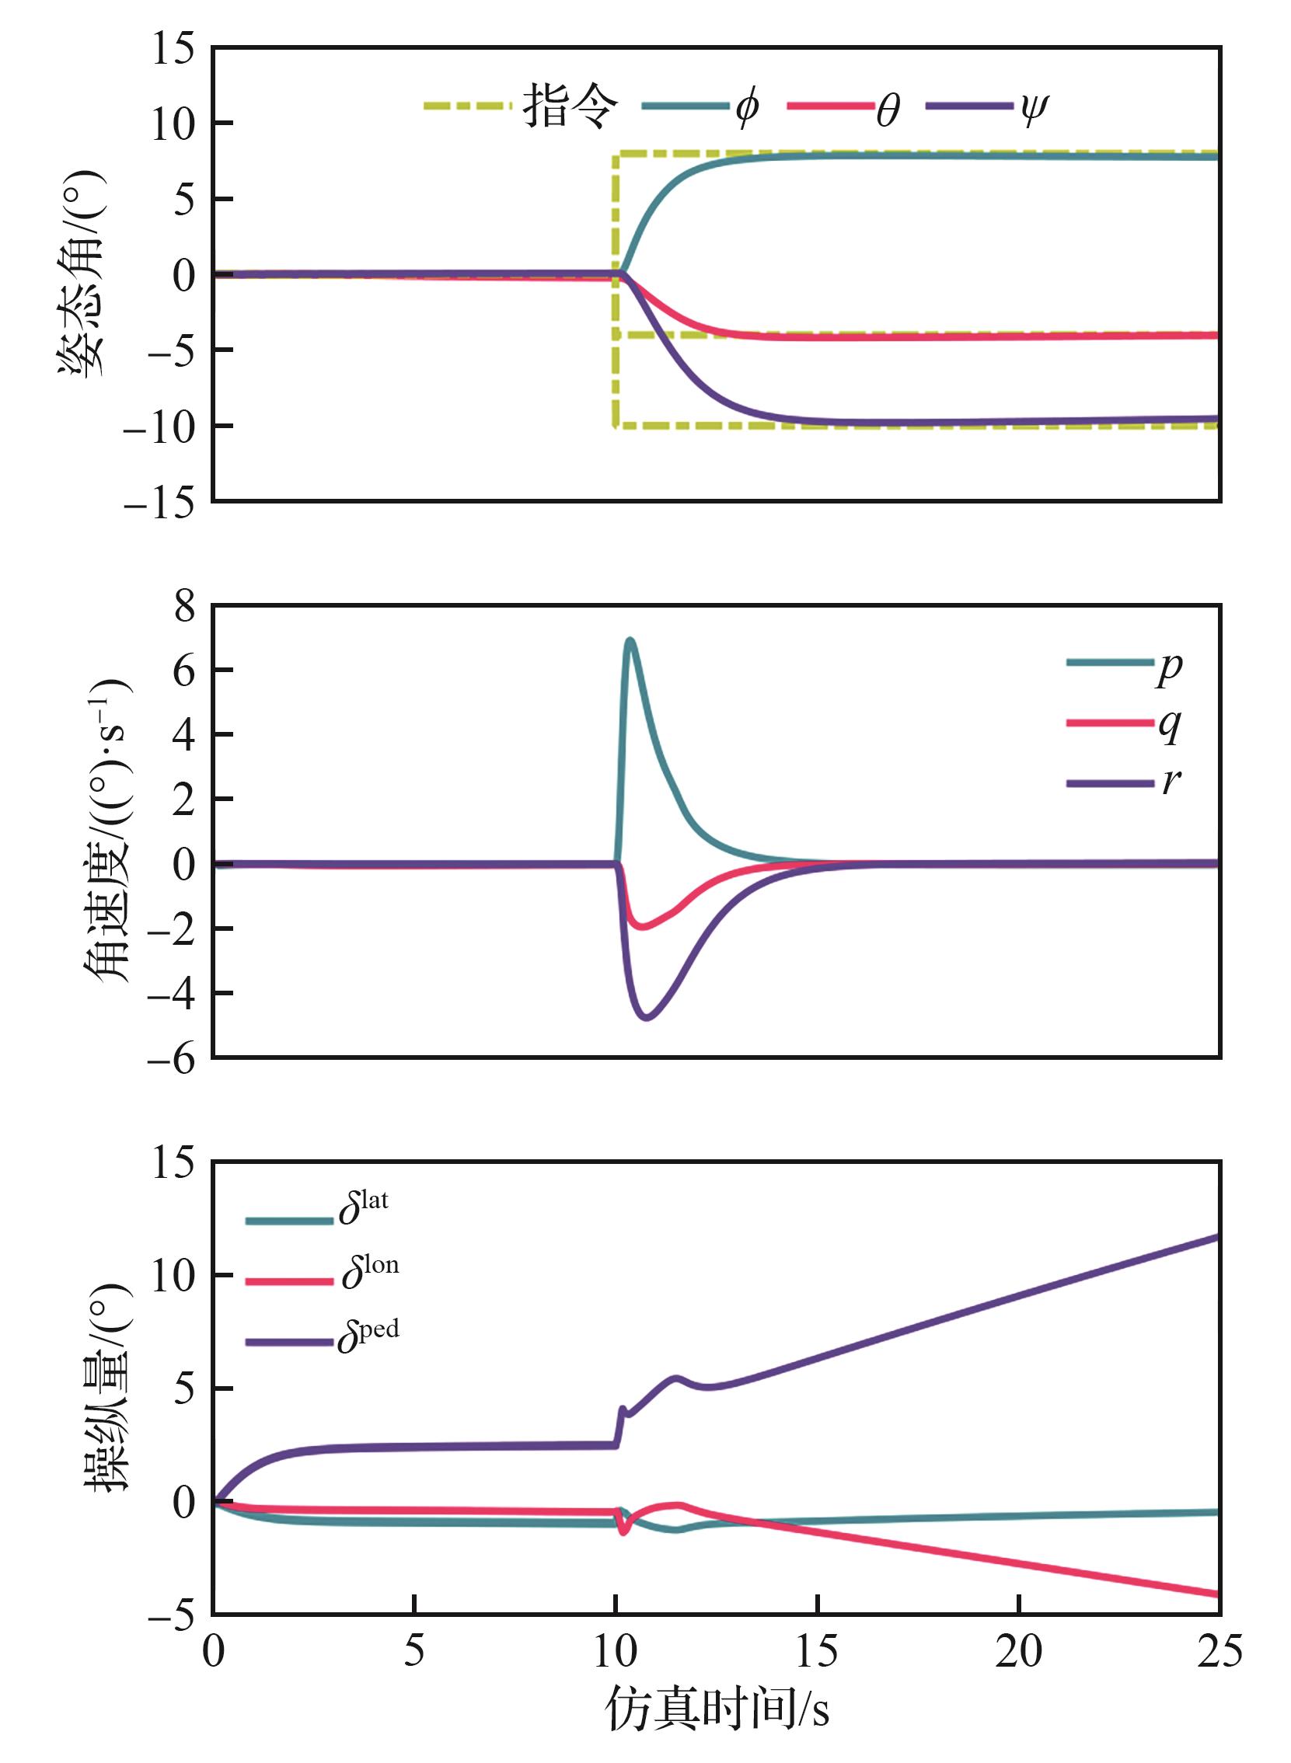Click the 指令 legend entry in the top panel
(570, 106)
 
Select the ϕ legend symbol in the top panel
(746, 107)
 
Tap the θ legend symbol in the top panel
(887, 110)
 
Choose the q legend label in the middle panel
(1169, 725)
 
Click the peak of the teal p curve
(629, 640)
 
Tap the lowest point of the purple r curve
(647, 1018)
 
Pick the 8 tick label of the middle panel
(184, 606)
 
